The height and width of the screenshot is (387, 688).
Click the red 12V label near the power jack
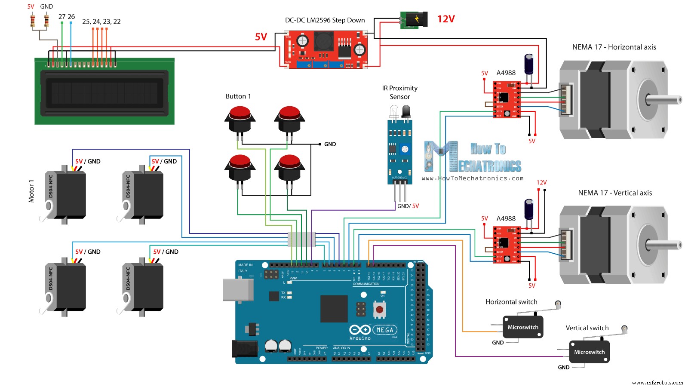click(446, 19)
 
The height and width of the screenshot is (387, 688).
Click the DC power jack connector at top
click(415, 20)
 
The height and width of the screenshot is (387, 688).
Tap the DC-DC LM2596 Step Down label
click(325, 20)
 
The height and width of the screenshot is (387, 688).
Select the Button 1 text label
click(238, 96)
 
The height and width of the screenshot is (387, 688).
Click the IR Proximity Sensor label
click(399, 92)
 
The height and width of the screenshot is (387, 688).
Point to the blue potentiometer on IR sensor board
click(405, 149)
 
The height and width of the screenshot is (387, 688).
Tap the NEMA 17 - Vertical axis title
click(615, 193)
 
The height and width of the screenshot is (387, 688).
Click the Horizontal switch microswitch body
click(523, 327)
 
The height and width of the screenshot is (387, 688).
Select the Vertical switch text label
click(587, 328)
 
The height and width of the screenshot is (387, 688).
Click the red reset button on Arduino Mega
click(379, 309)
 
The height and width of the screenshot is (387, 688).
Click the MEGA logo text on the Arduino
click(385, 330)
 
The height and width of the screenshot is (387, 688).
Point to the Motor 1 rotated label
click(31, 191)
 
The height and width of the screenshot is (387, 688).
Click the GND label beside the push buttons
click(330, 144)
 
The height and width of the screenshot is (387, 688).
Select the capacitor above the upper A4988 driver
click(529, 64)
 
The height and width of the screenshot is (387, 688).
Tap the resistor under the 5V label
click(33, 20)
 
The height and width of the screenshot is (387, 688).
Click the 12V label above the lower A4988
click(541, 182)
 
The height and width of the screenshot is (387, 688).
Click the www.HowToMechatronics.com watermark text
click(473, 178)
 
